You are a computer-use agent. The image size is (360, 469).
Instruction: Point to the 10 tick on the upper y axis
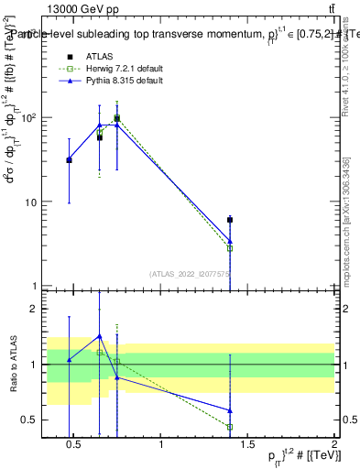[30, 202]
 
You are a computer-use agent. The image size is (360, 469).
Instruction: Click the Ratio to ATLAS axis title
[11, 364]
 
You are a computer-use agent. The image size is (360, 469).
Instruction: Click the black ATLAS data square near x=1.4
[230, 220]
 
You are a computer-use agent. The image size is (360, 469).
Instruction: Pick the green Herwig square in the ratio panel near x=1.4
[230, 427]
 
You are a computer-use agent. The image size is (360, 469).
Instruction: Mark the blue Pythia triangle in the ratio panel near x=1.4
[230, 410]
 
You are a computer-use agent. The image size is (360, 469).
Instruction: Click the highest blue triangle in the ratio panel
[99, 336]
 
